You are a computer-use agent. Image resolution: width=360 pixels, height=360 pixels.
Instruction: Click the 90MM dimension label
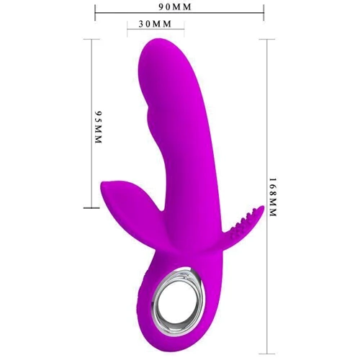175,7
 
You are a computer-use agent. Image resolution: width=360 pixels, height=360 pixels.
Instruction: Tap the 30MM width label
156,24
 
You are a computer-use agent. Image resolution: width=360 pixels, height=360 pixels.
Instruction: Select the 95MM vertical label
99,127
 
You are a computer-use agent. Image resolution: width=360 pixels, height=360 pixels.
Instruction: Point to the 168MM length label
273,197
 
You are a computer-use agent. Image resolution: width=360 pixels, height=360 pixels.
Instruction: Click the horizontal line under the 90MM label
179,12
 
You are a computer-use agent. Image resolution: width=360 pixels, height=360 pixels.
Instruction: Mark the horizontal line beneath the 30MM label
156,30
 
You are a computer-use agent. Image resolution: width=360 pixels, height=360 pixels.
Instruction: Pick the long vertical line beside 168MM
267,197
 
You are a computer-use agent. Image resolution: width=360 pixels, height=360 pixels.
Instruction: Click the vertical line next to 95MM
91,123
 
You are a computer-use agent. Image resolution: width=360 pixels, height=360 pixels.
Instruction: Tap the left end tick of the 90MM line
95,12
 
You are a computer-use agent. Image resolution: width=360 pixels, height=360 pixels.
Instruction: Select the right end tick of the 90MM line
264,12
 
